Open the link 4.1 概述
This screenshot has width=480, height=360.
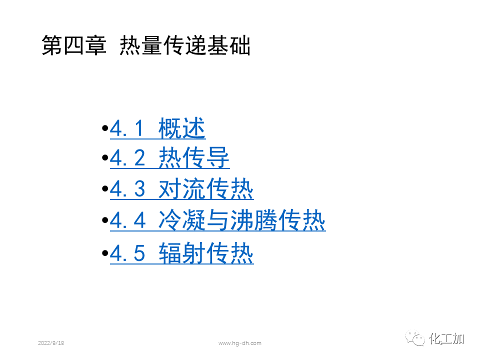(x=157, y=129)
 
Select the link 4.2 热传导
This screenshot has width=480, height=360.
(x=169, y=159)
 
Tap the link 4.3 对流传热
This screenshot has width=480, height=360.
(x=181, y=189)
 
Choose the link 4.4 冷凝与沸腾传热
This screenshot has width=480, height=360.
(x=217, y=220)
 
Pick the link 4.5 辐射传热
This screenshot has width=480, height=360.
(x=181, y=253)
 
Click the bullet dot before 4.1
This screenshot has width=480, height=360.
(x=104, y=129)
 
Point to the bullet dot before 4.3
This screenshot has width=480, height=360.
(x=104, y=189)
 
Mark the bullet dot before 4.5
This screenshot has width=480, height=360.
(x=104, y=253)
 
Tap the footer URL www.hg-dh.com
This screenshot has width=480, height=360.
(x=240, y=343)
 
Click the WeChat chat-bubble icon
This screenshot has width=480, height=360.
(x=416, y=339)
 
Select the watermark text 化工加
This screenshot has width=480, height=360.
(x=447, y=339)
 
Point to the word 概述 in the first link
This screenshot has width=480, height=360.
(x=181, y=129)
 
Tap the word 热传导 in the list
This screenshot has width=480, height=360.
(x=193, y=159)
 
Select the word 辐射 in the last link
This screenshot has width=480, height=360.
(x=181, y=253)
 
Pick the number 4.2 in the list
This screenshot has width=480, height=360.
(x=127, y=159)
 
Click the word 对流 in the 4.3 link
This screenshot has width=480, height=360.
(x=181, y=189)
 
